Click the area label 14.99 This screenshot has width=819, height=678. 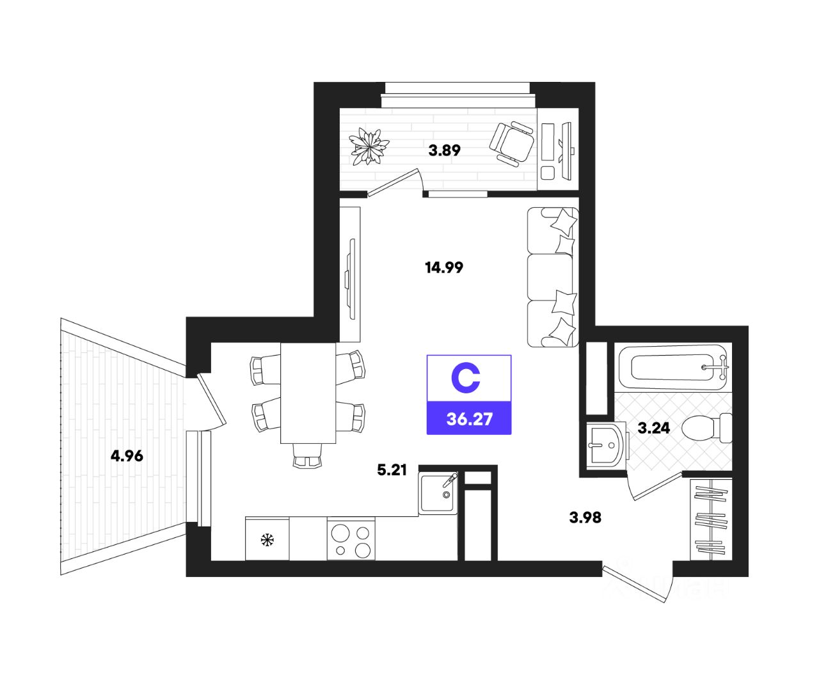pyautogui.click(x=444, y=268)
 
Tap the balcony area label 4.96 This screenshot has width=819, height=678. pyautogui.click(x=127, y=456)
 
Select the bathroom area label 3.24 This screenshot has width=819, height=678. pyautogui.click(x=654, y=428)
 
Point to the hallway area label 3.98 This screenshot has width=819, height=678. pyautogui.click(x=585, y=517)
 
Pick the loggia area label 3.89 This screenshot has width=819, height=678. pyautogui.click(x=445, y=151)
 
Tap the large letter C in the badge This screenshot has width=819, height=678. pyautogui.click(x=465, y=379)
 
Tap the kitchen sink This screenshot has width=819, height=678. pyautogui.click(x=438, y=493)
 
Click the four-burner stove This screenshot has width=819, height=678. pyautogui.click(x=351, y=540)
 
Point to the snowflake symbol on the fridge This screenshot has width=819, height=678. pyautogui.click(x=267, y=540)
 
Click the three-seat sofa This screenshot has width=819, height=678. pyautogui.click(x=552, y=278)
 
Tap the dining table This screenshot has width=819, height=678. pyautogui.click(x=308, y=392)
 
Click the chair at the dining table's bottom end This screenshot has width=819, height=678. pyautogui.click(x=308, y=455)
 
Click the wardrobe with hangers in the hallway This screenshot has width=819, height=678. pyautogui.click(x=710, y=519)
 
